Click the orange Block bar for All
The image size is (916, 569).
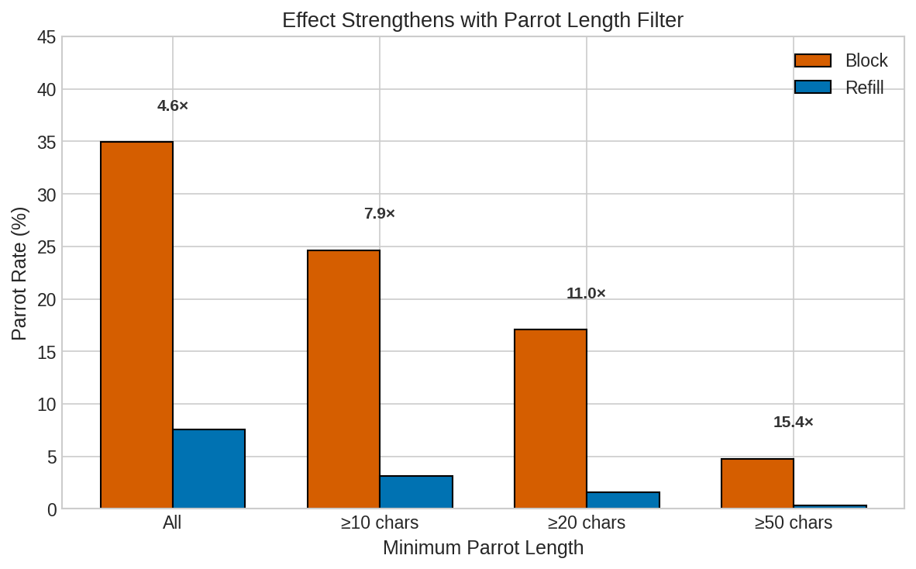point(136,325)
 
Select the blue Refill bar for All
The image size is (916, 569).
point(208,469)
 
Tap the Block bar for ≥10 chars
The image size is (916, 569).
point(343,379)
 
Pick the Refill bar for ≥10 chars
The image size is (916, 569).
point(416,492)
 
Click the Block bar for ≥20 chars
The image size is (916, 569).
point(550,419)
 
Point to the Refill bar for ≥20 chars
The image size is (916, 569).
point(623,500)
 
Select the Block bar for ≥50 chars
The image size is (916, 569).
point(757,484)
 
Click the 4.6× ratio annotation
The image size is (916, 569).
point(173,106)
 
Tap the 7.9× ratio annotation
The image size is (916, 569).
point(380,214)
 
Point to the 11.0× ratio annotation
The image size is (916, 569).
point(586,294)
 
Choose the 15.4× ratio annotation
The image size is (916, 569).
point(794,422)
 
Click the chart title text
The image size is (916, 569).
point(482,20)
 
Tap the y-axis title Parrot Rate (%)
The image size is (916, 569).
point(19,273)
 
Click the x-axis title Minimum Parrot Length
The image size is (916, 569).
point(483,548)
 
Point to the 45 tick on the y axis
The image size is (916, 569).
point(46,37)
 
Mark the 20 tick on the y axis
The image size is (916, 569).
point(46,299)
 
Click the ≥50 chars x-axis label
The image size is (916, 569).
point(794,523)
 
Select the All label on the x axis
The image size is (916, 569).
point(172,523)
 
